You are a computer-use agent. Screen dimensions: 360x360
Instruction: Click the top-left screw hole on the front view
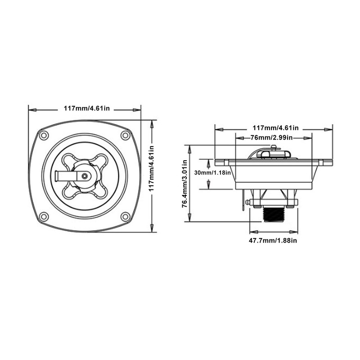[x=44, y=135]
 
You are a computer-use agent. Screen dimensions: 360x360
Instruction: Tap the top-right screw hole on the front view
[x=126, y=135]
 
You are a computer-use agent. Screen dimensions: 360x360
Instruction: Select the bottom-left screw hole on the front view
[x=44, y=216]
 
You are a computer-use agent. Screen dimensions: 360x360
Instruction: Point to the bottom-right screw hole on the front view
[x=126, y=216]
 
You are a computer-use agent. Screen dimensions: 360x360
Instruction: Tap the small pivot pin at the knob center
[x=84, y=176]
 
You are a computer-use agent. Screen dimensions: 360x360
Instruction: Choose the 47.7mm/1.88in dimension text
[x=273, y=241]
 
